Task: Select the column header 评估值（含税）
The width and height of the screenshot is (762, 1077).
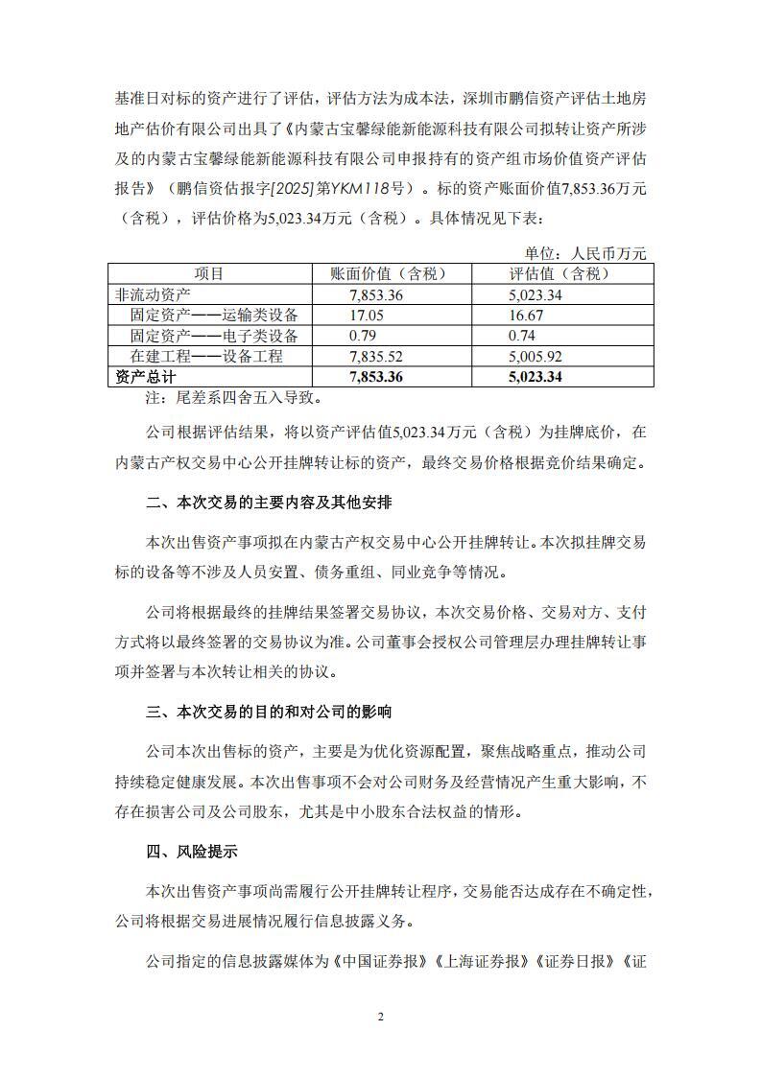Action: pyautogui.click(x=560, y=273)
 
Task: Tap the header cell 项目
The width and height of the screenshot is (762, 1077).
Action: pyautogui.click(x=209, y=273)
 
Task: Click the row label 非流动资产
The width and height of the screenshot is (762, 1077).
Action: pyautogui.click(x=153, y=294)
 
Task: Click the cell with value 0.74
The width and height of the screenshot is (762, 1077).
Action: pyautogui.click(x=523, y=336)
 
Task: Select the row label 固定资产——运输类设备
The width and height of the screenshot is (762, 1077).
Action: pyautogui.click(x=214, y=315)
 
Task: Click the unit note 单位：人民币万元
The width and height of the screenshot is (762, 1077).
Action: pyautogui.click(x=585, y=253)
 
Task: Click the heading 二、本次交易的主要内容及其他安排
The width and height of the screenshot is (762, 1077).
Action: pyautogui.click(x=269, y=503)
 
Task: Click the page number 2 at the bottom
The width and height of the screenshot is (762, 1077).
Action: pyautogui.click(x=381, y=1018)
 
